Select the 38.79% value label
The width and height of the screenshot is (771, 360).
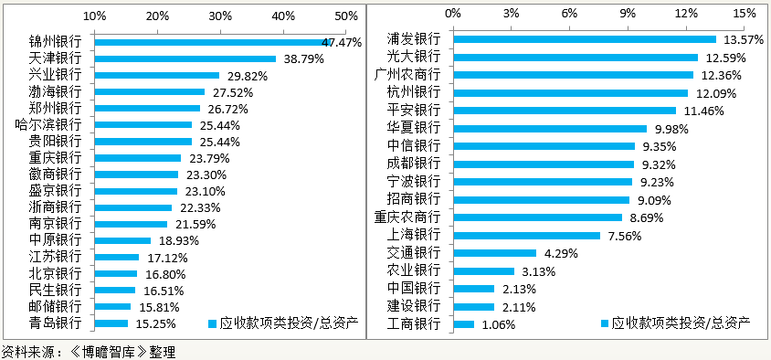[304, 58]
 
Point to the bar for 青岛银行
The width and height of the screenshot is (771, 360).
[111, 323]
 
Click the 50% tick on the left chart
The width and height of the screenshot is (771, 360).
[346, 16]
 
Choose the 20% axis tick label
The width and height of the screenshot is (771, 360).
[157, 16]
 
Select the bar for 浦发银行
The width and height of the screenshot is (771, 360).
[585, 39]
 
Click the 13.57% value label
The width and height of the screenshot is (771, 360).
[743, 40]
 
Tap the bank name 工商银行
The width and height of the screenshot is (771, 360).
[413, 323]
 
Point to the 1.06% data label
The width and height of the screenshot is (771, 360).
[499, 324]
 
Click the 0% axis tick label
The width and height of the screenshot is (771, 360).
[453, 13]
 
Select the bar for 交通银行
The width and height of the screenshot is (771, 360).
[494, 252]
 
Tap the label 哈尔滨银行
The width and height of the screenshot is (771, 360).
[48, 124]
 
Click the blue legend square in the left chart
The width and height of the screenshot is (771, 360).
[212, 323]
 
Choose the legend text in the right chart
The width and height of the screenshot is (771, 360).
[681, 323]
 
